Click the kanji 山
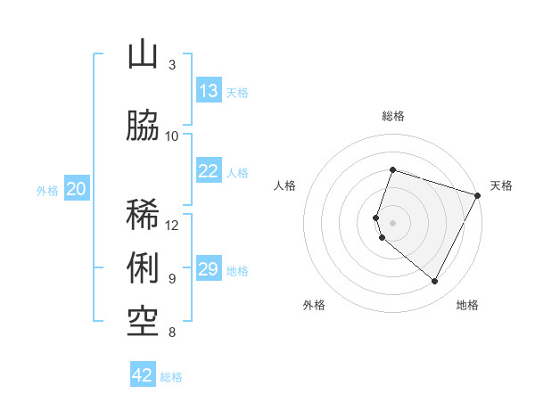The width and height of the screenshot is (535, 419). pyautogui.click(x=143, y=55)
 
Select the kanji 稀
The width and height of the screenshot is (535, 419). pyautogui.click(x=143, y=214)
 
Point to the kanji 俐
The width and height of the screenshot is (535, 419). pyautogui.click(x=143, y=267)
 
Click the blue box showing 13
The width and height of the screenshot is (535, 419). pyautogui.click(x=209, y=91)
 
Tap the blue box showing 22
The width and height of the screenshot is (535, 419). pyautogui.click(x=209, y=171)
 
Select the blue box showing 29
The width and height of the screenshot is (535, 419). pyautogui.click(x=209, y=269)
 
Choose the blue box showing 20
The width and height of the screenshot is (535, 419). pyautogui.click(x=77, y=189)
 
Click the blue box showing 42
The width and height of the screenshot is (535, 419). pyautogui.click(x=143, y=375)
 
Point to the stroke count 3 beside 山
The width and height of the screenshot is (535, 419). pyautogui.click(x=172, y=65)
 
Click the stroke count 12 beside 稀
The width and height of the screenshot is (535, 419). pyautogui.click(x=172, y=225)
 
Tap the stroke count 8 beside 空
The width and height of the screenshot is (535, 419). pyautogui.click(x=172, y=333)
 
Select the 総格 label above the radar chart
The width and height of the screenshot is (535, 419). pyautogui.click(x=393, y=116)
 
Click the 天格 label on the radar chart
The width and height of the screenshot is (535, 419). pyautogui.click(x=501, y=185)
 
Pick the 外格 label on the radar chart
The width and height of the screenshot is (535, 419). pyautogui.click(x=314, y=305)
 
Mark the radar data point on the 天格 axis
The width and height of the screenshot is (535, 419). pyautogui.click(x=478, y=195)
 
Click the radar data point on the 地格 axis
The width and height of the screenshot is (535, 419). pyautogui.click(x=435, y=282)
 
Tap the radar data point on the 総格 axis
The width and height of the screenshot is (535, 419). pyautogui.click(x=393, y=169)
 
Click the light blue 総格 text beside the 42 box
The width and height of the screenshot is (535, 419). pyautogui.click(x=171, y=377)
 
